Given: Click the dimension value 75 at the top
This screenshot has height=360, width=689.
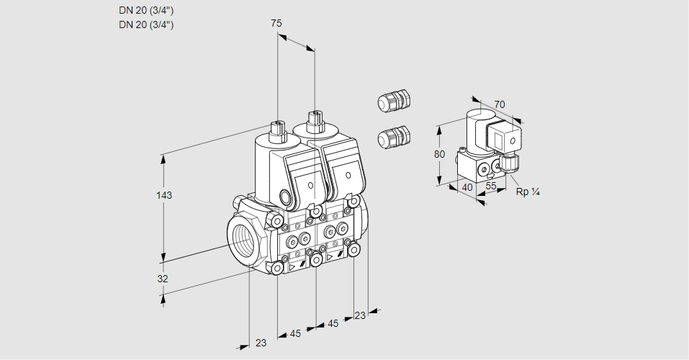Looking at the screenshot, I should pyautogui.click(x=276, y=23).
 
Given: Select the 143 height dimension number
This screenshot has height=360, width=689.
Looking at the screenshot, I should pyautogui.click(x=165, y=195).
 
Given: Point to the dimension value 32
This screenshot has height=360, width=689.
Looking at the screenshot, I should pyautogui.click(x=163, y=279).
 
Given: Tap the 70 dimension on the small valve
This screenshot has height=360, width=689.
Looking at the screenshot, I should pyautogui.click(x=500, y=104).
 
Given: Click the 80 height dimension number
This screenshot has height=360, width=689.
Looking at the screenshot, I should pyautogui.click(x=440, y=154).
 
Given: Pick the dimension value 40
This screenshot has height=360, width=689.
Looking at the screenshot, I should pyautogui.click(x=467, y=186).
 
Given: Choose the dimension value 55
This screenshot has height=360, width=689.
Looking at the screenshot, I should pyautogui.click(x=491, y=186).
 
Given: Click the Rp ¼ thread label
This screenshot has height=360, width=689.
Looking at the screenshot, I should pyautogui.click(x=528, y=192).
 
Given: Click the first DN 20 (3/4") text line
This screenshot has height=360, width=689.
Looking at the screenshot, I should pyautogui.click(x=146, y=10).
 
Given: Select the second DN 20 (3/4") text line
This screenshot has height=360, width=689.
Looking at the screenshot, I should pyautogui.click(x=146, y=24).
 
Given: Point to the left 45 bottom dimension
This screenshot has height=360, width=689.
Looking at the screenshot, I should pyautogui.click(x=296, y=333).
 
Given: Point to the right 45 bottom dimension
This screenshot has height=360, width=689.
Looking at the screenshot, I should pyautogui.click(x=333, y=324).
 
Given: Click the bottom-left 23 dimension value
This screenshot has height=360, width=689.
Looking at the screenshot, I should pyautogui.click(x=261, y=343).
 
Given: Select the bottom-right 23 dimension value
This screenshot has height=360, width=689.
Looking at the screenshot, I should pyautogui.click(x=360, y=315).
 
